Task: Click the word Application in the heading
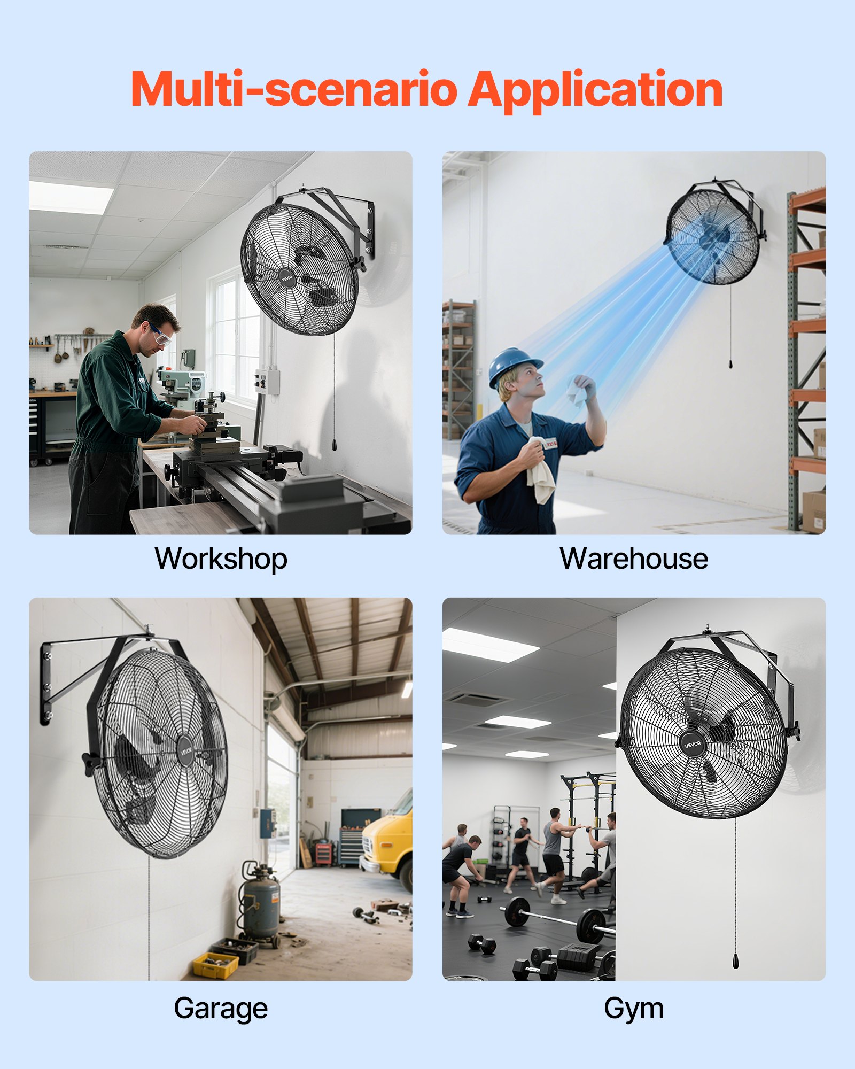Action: [x=595, y=90]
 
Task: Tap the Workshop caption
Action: [x=221, y=559]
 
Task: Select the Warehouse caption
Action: [x=634, y=559]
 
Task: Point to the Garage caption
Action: [x=221, y=1008]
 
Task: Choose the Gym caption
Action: [x=634, y=1008]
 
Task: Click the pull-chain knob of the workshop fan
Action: [x=335, y=445]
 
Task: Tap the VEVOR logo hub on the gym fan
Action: [x=693, y=744]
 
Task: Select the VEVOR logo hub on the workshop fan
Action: [x=287, y=278]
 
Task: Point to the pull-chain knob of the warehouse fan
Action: [x=730, y=364]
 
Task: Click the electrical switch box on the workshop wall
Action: [x=268, y=381]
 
